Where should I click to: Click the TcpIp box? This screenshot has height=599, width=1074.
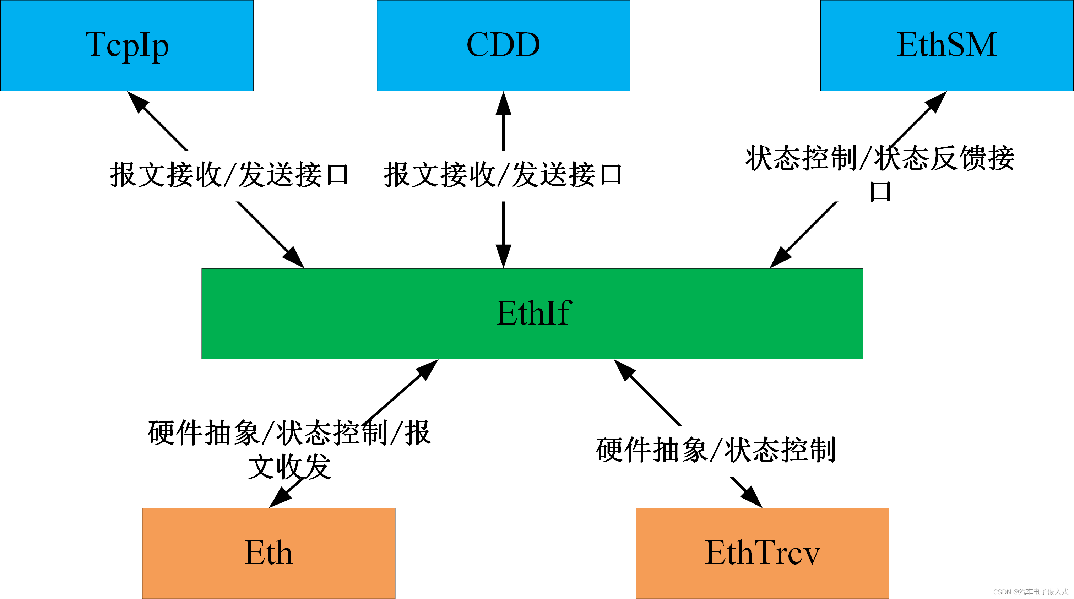coord(127,45)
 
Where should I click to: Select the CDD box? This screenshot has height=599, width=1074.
coord(503,45)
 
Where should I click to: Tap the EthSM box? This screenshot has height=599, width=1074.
coord(946,45)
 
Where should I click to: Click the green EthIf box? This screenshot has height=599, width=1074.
coord(532,314)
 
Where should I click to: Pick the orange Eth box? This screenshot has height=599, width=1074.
coord(268,553)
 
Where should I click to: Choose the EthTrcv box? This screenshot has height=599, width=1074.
coord(762,553)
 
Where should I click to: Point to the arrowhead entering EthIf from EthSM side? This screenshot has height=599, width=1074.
coord(780,258)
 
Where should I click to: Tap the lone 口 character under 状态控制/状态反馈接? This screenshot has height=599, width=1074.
coord(880,192)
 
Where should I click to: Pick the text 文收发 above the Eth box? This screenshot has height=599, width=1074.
coord(289,467)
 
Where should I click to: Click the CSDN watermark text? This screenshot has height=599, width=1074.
coord(1030,592)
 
